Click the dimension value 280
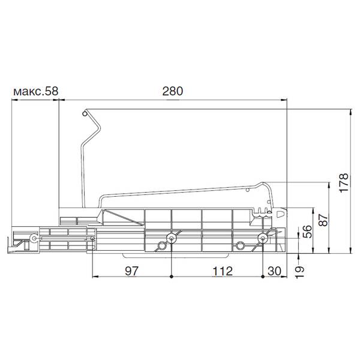(172, 91)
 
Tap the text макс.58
(36, 91)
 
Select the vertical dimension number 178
(344, 183)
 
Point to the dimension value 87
(324, 220)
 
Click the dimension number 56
(307, 231)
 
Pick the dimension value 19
(299, 272)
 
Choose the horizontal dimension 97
(132, 271)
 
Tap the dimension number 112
(223, 271)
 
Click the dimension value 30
(274, 271)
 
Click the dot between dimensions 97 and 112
(171, 277)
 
